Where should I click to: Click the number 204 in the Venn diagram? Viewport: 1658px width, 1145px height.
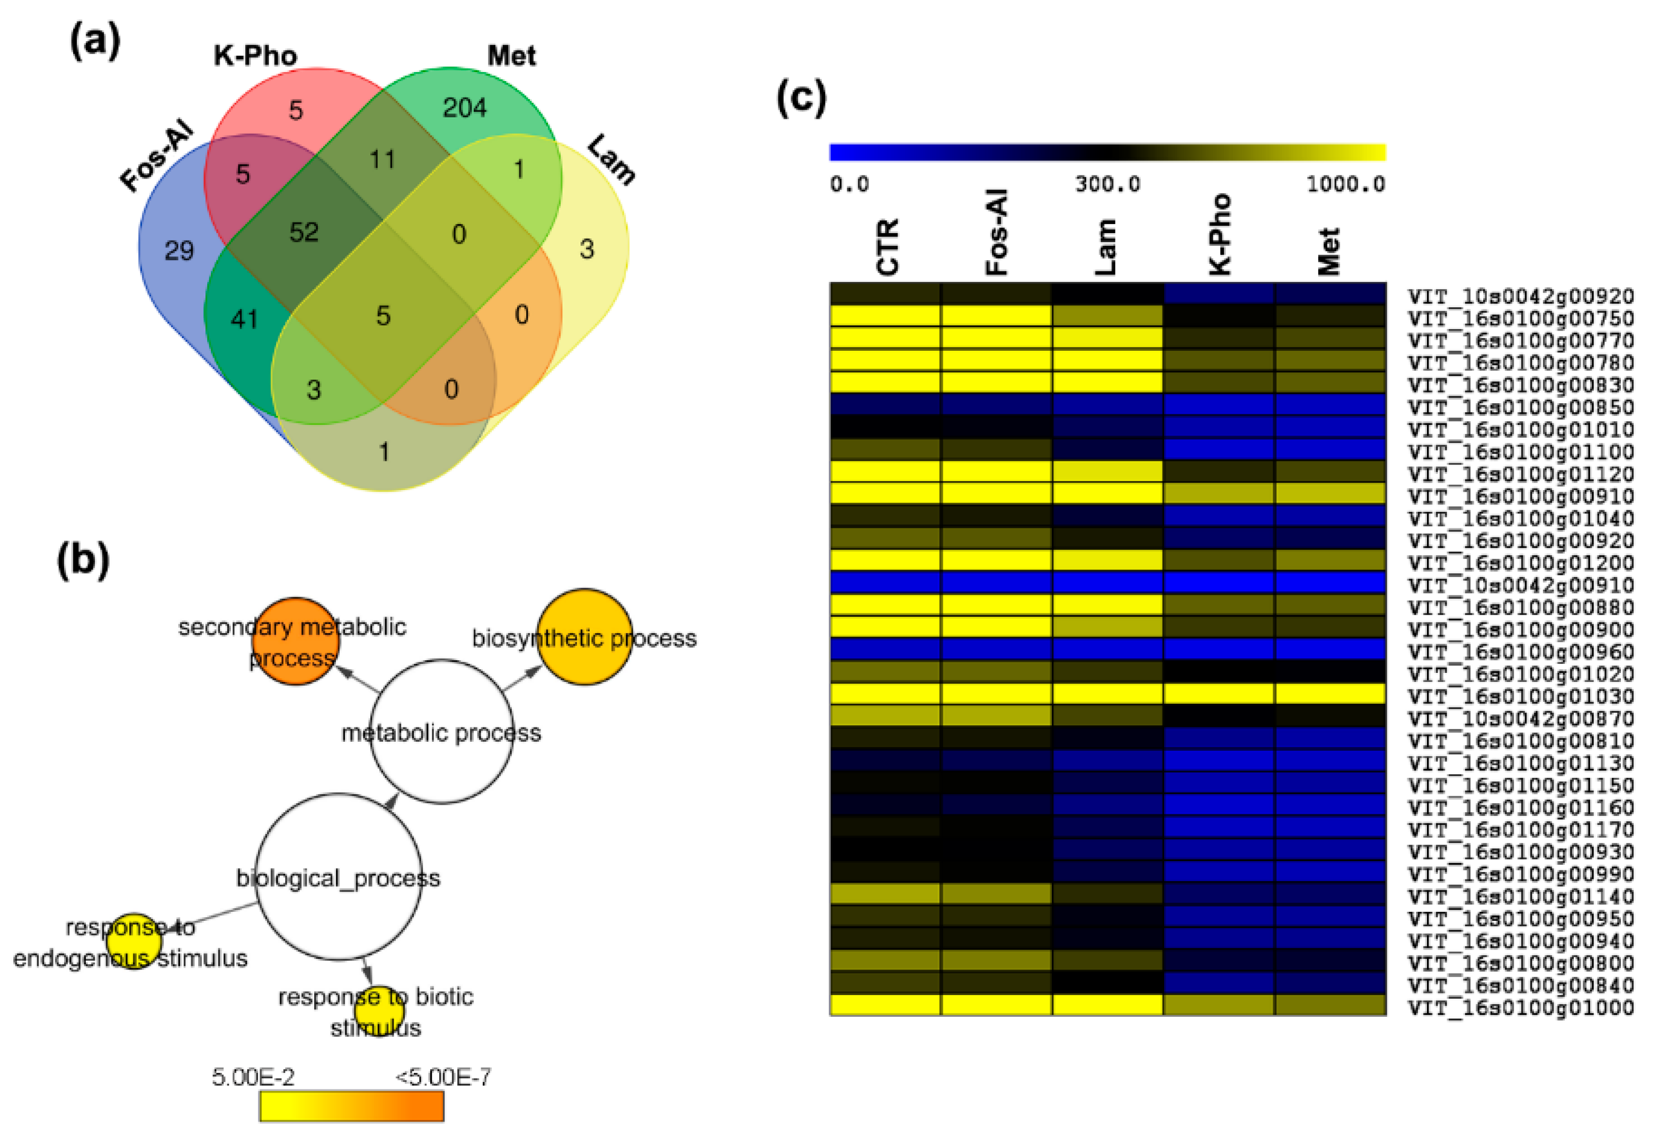464,108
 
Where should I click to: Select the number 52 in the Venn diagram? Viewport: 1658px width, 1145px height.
304,232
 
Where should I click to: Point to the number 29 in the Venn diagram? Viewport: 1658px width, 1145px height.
179,251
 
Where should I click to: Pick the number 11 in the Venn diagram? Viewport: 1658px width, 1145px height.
383,159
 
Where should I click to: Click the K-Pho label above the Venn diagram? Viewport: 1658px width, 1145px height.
255,56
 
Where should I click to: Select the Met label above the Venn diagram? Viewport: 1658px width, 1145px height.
511,56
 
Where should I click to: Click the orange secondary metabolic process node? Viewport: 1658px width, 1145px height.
295,641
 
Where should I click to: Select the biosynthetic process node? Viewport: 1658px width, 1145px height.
584,637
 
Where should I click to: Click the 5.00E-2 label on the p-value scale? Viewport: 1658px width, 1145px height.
253,1077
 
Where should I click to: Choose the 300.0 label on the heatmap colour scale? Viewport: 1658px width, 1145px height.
1107,184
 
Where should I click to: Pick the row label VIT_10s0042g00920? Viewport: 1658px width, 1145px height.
1520,296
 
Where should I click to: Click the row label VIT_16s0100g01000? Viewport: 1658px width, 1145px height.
1520,1007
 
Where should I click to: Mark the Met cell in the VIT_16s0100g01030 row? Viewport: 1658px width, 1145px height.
1329,694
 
